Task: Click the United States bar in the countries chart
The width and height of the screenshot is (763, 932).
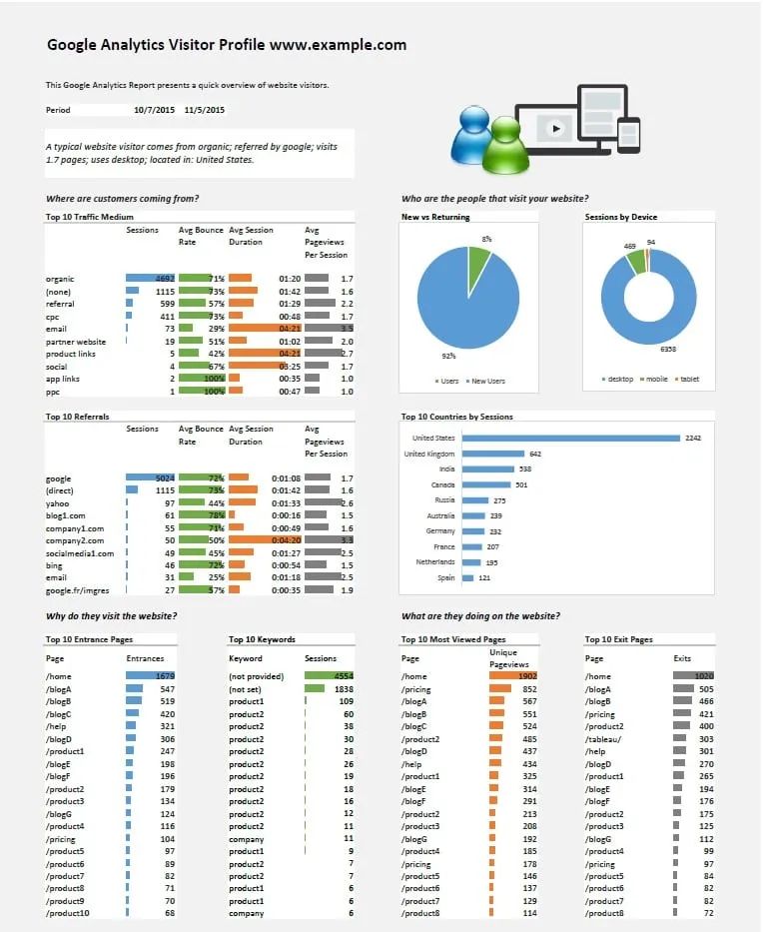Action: tap(570, 438)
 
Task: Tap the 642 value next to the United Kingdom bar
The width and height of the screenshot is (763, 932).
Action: tap(535, 454)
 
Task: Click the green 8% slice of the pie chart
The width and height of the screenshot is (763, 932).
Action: tap(479, 261)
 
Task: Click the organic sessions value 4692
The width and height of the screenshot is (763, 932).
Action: tap(165, 279)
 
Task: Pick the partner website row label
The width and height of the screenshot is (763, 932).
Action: tap(76, 342)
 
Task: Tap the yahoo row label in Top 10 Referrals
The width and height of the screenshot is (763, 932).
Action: tap(59, 503)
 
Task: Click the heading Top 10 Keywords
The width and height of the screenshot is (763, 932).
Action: tap(262, 639)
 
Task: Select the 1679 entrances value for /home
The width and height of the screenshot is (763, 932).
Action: tap(165, 676)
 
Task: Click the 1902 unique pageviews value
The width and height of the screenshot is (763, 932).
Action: tap(526, 676)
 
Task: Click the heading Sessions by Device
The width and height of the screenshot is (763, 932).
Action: tap(620, 217)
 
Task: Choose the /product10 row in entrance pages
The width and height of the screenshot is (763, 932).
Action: tap(68, 913)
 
